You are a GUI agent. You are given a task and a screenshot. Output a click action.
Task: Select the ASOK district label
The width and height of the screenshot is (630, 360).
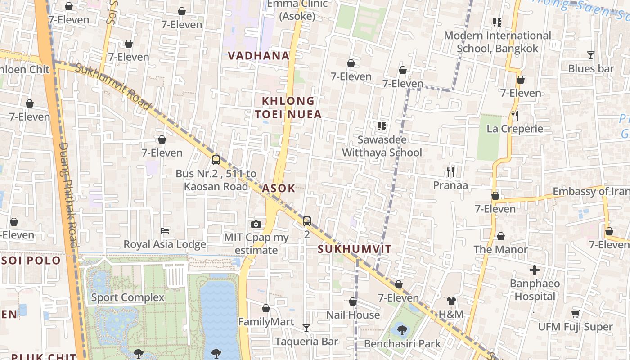279,189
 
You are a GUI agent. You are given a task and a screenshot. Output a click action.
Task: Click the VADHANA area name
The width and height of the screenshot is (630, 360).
258,56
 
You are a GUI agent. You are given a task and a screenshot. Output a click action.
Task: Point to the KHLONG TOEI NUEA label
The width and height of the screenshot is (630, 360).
288,108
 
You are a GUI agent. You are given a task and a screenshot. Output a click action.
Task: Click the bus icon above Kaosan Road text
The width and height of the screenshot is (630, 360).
216,160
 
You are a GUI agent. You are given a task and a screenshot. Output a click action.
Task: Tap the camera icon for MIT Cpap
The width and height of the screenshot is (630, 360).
256,224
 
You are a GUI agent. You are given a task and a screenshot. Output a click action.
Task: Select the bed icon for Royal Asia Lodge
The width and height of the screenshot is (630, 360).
165,231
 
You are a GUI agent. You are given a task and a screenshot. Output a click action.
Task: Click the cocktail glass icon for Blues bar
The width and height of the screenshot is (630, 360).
591,55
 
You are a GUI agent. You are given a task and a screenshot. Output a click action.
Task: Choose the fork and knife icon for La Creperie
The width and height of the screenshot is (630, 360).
515,116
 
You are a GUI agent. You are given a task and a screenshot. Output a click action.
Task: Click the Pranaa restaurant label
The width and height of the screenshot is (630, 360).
450,185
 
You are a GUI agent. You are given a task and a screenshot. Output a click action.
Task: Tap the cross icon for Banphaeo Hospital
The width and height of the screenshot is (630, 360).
535,270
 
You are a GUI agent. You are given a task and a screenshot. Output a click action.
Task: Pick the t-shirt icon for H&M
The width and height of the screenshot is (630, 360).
451,301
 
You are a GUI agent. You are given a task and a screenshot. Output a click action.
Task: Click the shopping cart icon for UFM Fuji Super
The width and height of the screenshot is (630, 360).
575,314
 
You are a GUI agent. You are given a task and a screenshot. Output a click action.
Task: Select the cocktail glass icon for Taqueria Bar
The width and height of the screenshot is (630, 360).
306,328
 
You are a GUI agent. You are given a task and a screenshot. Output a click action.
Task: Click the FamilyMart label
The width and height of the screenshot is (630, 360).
266,322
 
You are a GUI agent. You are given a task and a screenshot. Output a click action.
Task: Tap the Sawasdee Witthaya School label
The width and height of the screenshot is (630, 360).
382,146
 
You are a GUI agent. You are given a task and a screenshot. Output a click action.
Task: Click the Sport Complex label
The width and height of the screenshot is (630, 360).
128,297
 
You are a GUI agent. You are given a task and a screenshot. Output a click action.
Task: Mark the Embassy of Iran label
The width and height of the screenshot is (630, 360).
591,192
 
